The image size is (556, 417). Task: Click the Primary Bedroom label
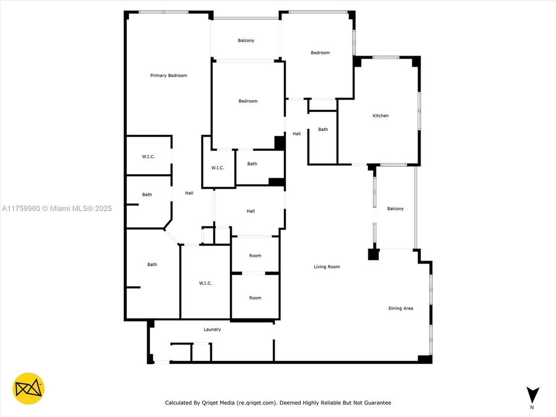(x=169, y=75)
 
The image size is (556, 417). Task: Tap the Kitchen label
(x=381, y=116)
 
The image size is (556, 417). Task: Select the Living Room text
(x=327, y=267)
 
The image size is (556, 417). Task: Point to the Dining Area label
(x=400, y=308)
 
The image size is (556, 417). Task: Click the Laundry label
(x=212, y=330)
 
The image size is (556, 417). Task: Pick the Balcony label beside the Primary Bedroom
(x=246, y=41)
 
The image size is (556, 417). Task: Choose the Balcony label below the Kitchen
(x=395, y=209)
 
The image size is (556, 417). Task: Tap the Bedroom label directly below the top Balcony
(x=248, y=101)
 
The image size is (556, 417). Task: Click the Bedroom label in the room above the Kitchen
(x=320, y=53)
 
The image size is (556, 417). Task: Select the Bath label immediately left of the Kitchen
(x=323, y=129)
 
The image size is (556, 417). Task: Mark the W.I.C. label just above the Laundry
(x=205, y=283)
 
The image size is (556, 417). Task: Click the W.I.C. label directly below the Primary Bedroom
(x=148, y=156)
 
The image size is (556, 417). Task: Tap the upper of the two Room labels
(x=255, y=255)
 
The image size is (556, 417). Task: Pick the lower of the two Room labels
(x=255, y=298)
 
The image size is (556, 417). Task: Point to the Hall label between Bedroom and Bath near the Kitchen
(x=297, y=134)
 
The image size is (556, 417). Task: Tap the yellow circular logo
(x=28, y=388)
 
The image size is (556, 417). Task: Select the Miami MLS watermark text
(x=57, y=209)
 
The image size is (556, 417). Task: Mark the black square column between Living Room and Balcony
(x=373, y=254)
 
